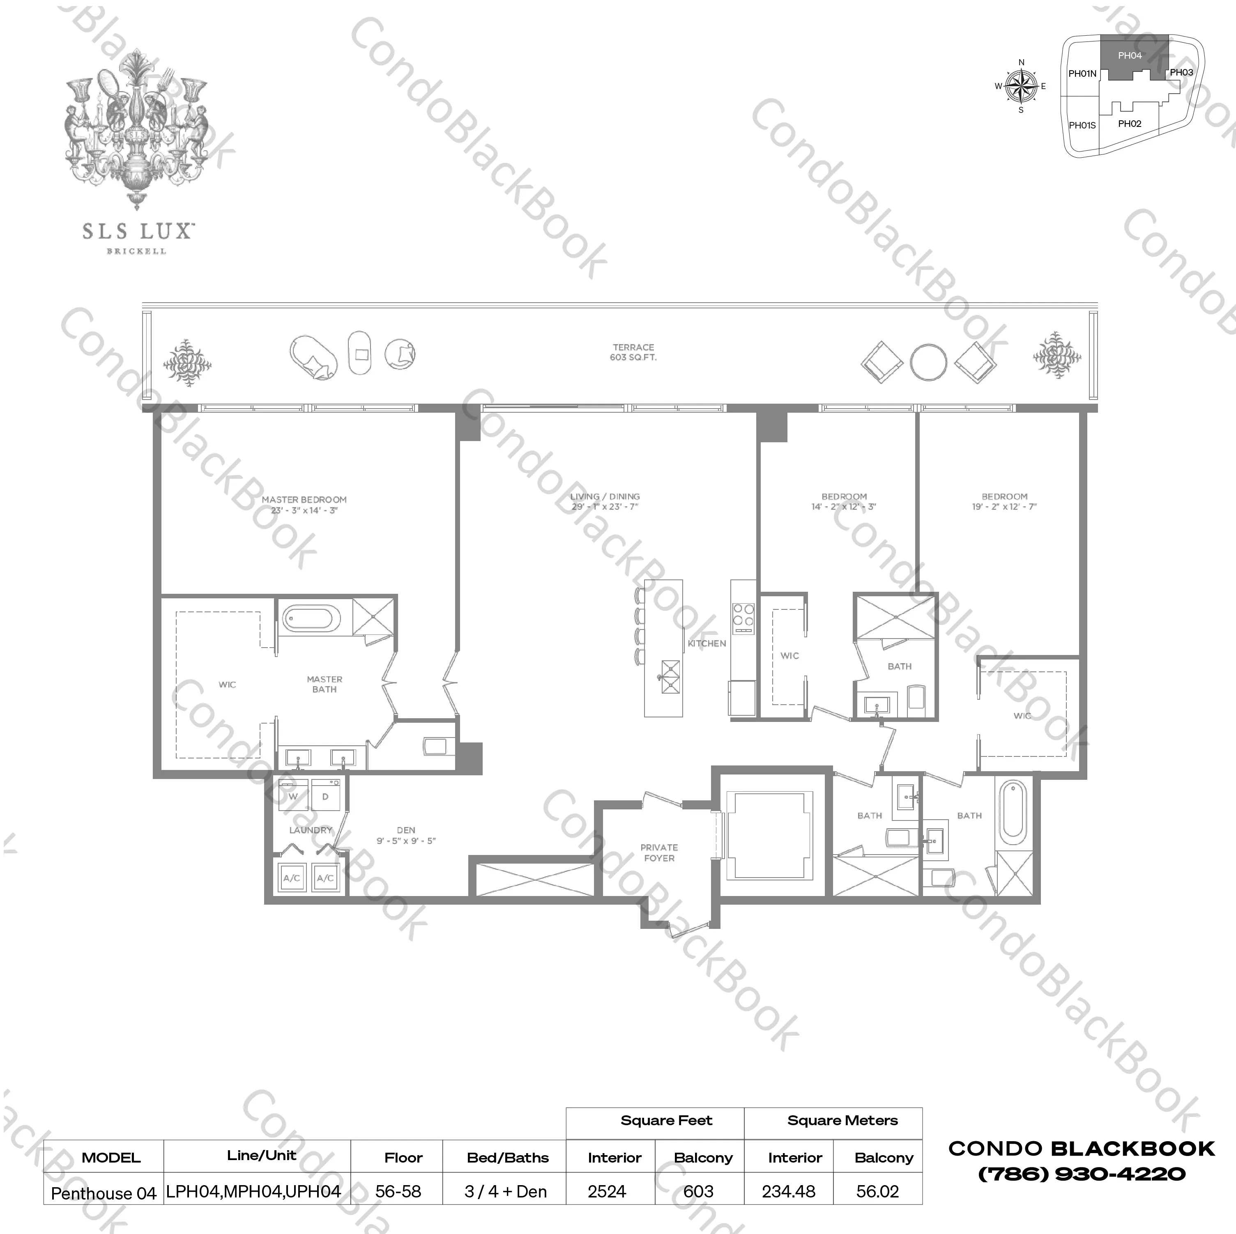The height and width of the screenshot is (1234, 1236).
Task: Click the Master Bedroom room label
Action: coord(304,505)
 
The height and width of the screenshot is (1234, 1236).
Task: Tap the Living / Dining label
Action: coord(605,501)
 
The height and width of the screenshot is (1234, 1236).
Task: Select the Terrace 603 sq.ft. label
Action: coord(633,352)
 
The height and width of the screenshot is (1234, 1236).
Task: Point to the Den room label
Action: coord(405,835)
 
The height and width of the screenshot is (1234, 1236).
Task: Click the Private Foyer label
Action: coord(659,853)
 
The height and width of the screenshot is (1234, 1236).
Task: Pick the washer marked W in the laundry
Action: coord(294,796)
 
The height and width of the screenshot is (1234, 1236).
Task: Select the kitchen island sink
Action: coord(670,677)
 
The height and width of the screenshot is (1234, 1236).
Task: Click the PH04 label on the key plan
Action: coord(1130,56)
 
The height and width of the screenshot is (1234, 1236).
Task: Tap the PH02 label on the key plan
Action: coord(1130,124)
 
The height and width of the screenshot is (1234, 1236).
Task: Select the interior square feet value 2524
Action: coord(606,1191)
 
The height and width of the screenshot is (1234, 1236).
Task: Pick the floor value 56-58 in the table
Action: coord(398,1191)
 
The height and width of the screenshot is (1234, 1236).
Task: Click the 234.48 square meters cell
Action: coord(788,1191)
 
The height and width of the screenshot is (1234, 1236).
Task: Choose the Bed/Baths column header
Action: coord(507,1157)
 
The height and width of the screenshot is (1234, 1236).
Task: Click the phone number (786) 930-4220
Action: coord(1081,1174)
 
